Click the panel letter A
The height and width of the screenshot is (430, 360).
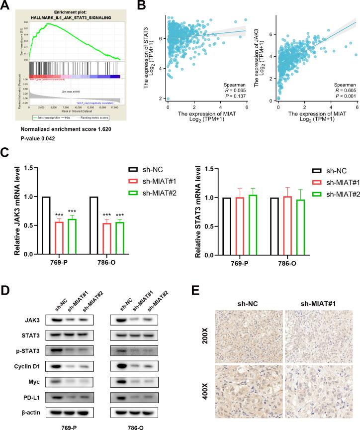click(6, 6)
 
